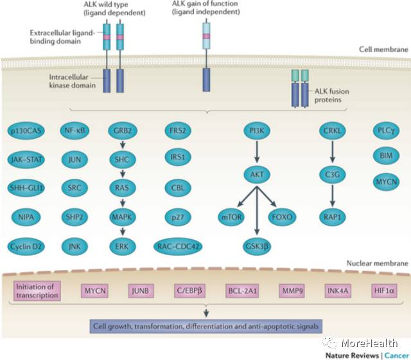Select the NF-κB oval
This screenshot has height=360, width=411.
click(x=75, y=131)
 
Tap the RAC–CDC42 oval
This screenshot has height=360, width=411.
click(x=177, y=245)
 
